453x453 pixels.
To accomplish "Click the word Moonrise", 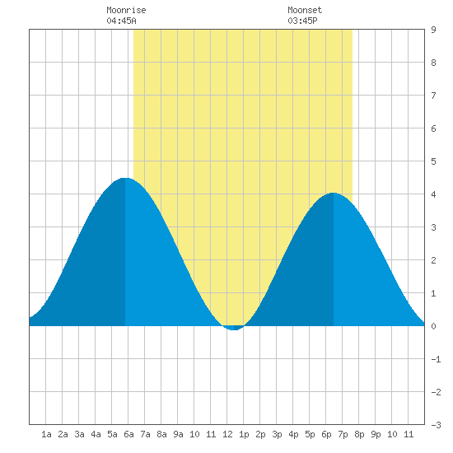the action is [126, 10].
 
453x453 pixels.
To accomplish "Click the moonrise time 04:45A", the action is [121, 21].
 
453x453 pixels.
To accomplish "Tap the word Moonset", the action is [305, 10].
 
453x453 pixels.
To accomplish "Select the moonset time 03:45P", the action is [302, 21].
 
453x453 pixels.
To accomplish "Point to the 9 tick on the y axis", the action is [433, 30].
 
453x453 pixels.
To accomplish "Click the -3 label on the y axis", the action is [436, 425].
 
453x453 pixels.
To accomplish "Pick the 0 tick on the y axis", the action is [433, 326].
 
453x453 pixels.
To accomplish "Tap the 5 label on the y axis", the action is [433, 161].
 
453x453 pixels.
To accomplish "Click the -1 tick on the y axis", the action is [436, 359].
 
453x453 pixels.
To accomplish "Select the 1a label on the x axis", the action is [46, 434].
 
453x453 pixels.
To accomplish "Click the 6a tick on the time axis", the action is [128, 434].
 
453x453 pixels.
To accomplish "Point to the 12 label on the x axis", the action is [227, 434].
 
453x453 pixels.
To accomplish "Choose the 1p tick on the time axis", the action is [244, 434].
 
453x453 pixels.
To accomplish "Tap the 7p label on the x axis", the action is [343, 434].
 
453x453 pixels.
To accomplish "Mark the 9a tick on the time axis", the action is [178, 434].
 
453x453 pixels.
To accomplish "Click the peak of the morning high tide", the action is [125, 178].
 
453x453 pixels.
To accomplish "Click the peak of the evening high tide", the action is [333, 193].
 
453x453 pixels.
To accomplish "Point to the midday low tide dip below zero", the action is [234, 328].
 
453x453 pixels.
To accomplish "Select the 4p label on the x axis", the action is [293, 434].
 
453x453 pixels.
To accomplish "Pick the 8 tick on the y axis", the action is [433, 63].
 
